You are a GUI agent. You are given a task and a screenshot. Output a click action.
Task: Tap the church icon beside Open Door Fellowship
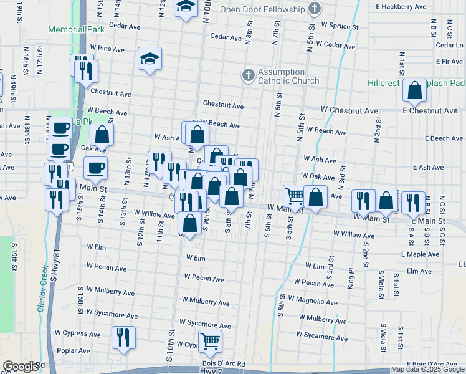(316, 9)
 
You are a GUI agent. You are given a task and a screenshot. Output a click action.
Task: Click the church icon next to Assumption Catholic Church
(248, 76)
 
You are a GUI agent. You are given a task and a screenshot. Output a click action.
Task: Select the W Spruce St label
(340, 26)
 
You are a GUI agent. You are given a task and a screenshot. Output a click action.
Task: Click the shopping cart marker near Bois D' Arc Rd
(210, 341)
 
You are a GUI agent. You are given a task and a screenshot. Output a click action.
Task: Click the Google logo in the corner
(21, 367)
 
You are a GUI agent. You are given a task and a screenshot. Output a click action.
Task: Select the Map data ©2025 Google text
(427, 369)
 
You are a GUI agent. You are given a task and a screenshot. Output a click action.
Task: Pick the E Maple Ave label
(421, 254)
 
